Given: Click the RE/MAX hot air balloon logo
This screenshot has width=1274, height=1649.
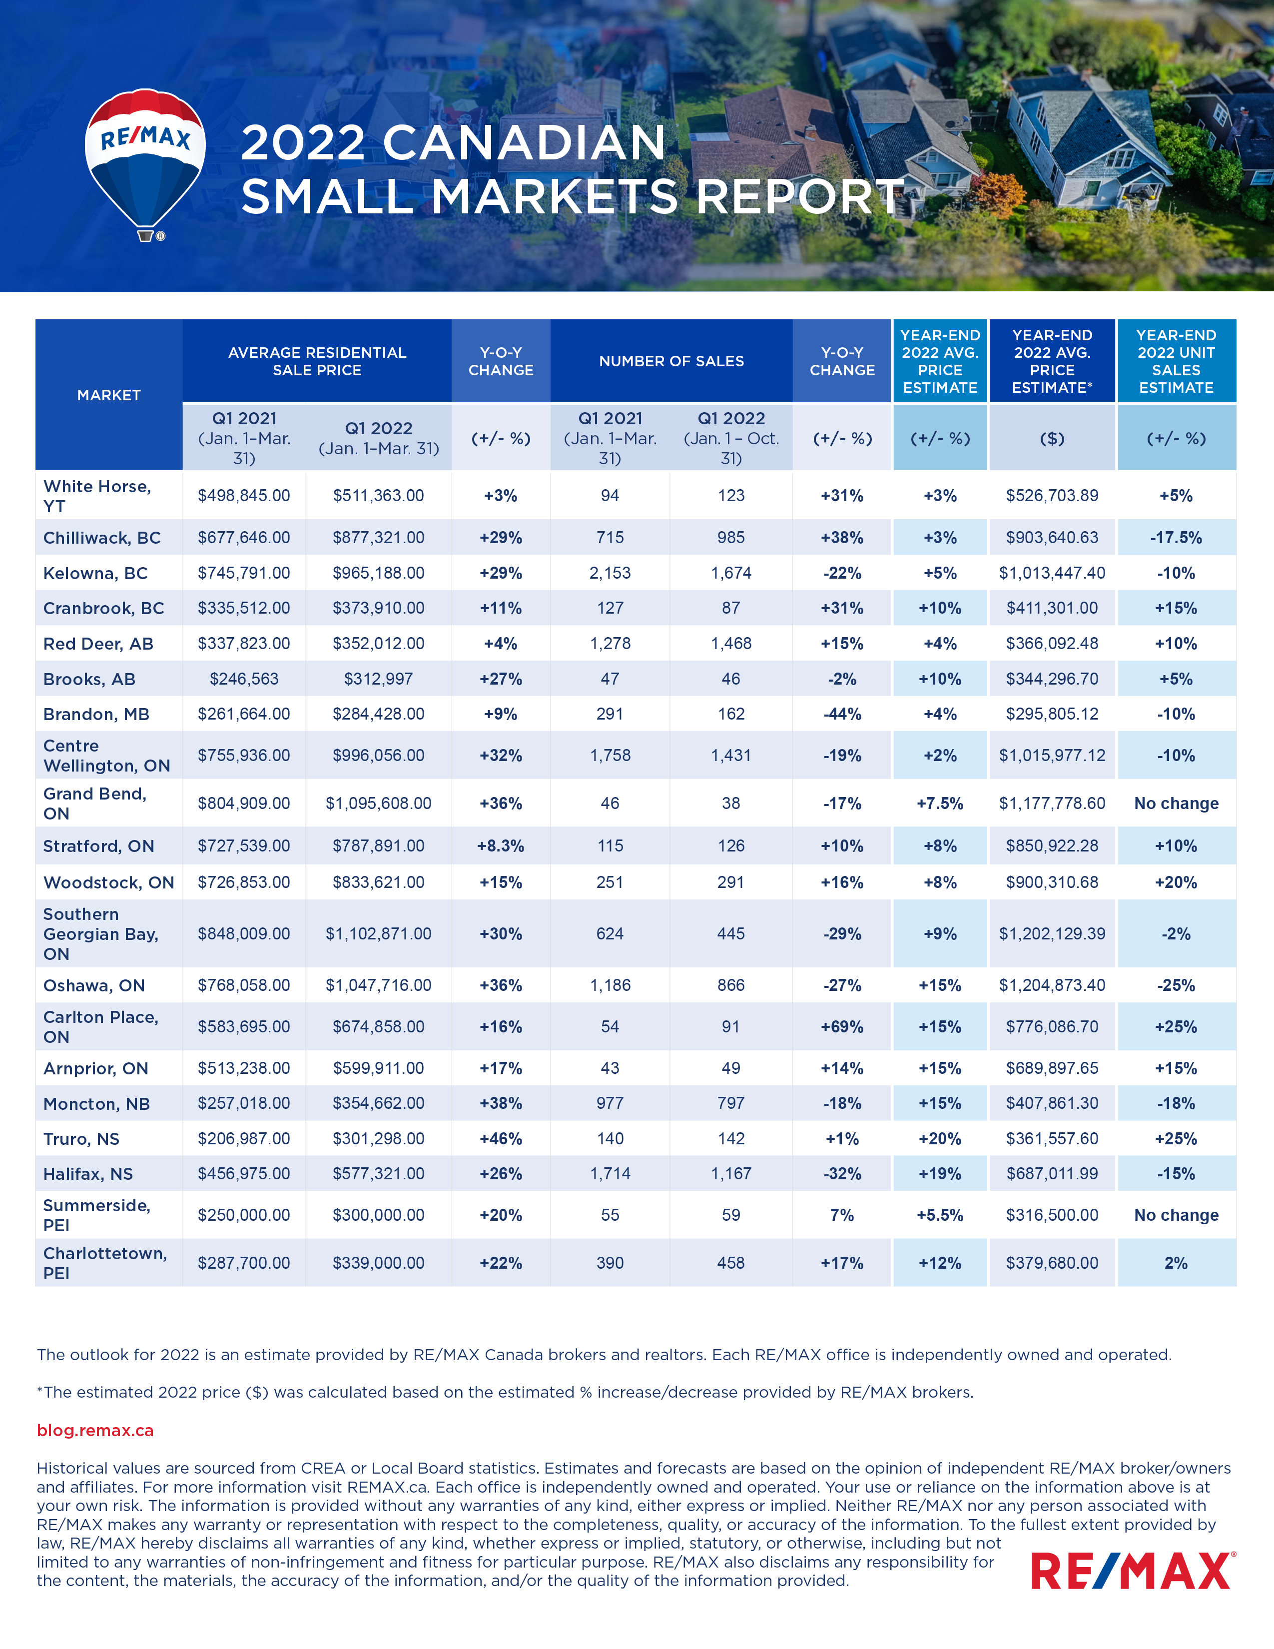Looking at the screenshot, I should tap(145, 162).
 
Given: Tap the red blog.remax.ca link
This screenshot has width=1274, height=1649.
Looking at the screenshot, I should tap(95, 1430).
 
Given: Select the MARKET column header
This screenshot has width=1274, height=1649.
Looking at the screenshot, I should tap(109, 395).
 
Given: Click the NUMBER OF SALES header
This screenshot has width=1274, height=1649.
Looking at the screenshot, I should tap(671, 361).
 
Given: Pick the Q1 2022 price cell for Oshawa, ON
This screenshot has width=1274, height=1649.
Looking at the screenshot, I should tap(378, 985).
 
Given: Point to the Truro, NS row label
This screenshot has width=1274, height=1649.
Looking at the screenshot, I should tap(81, 1139).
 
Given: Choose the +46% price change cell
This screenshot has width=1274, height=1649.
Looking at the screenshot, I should tap(501, 1139).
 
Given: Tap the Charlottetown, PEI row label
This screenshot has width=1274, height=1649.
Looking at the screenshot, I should tap(104, 1263).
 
